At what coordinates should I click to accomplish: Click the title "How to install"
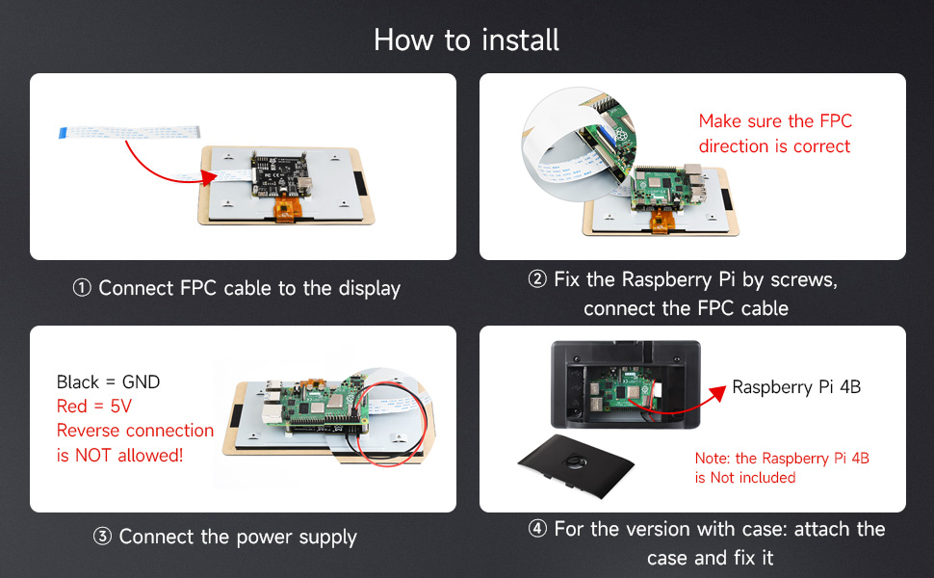(x=466, y=39)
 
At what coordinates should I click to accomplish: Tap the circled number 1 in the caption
(x=83, y=288)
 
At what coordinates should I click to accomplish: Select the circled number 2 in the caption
(x=537, y=280)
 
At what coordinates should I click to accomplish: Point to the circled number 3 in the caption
(x=103, y=538)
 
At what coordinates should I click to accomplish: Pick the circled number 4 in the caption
(x=537, y=530)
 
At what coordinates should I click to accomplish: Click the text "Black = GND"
(x=108, y=382)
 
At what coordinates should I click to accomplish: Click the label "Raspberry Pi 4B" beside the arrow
(x=796, y=387)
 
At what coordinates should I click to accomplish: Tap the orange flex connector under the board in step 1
(x=286, y=209)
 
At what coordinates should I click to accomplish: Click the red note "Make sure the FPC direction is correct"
(x=774, y=134)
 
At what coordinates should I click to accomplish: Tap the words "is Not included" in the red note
(x=745, y=478)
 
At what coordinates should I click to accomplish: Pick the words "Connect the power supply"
(x=238, y=538)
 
